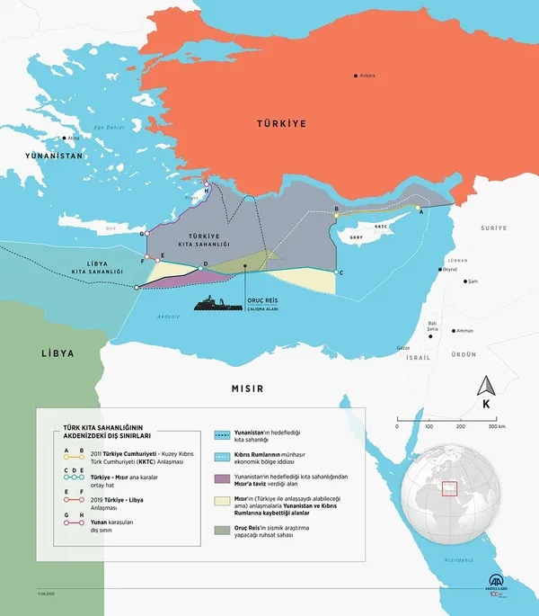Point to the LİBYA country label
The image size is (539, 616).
[56, 353]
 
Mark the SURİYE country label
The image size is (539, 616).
[493, 228]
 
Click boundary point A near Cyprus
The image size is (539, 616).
[417, 210]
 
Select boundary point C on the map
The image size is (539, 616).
[335, 272]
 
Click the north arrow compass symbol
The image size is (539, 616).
[486, 388]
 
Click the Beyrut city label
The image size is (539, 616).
[450, 269]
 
